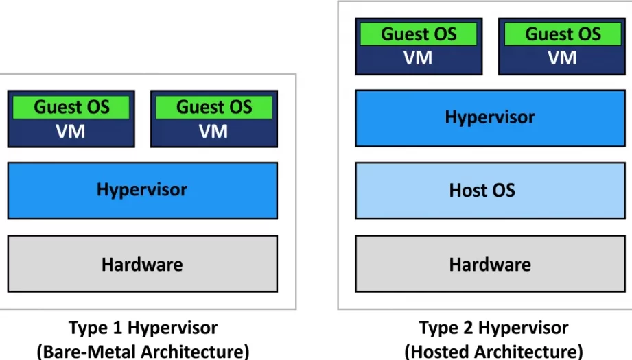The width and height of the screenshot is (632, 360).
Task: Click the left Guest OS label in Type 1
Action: tap(71, 107)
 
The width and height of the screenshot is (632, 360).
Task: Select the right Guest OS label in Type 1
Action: tap(214, 107)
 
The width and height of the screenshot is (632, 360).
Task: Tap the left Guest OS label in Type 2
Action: tap(419, 34)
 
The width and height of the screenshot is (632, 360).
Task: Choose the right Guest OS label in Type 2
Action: tap(563, 34)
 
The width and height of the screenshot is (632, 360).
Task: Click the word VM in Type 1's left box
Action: tap(71, 131)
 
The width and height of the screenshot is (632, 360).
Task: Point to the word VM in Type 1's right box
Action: tap(213, 131)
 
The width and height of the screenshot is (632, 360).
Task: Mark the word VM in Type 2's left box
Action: tap(418, 58)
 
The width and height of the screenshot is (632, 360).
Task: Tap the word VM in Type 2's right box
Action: tap(562, 58)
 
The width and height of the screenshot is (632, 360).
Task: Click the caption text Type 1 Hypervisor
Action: tap(143, 328)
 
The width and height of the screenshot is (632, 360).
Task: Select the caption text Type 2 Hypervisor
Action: tap(493, 328)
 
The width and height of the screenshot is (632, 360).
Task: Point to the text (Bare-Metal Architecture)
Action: tap(143, 351)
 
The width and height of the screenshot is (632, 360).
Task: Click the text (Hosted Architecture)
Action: tap(493, 351)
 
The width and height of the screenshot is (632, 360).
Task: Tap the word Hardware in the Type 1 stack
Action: tap(142, 264)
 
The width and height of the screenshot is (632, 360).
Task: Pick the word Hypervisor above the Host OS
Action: tap(489, 117)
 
